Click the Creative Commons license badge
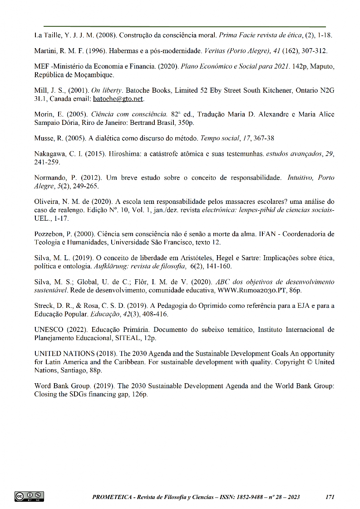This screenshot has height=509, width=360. (x=30, y=496)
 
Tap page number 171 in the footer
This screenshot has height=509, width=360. (x=330, y=497)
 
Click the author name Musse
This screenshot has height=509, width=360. (x=45, y=138)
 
